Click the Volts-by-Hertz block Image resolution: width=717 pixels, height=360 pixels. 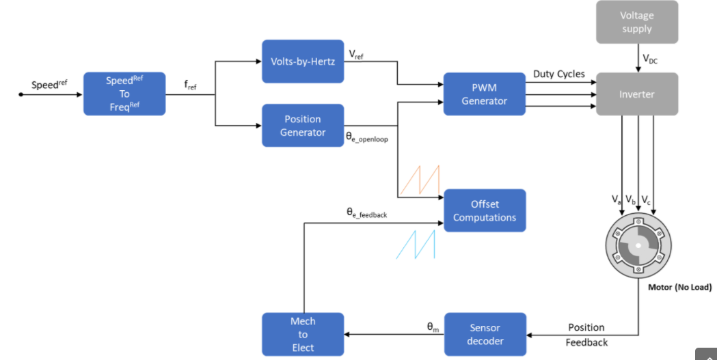point(303,61)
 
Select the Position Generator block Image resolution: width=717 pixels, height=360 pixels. point(303,125)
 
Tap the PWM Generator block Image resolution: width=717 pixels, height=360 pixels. point(484,94)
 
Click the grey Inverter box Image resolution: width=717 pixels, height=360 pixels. point(637,94)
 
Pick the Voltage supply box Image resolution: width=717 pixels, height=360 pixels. point(637,22)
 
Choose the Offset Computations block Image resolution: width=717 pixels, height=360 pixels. point(485,210)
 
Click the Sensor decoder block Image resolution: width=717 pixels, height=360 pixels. point(485,334)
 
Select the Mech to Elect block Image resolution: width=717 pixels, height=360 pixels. point(303,334)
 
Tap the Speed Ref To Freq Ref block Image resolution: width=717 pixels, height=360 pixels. point(124,94)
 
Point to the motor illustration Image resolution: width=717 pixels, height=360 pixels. point(638,245)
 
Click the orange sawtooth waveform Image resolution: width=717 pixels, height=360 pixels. point(420,180)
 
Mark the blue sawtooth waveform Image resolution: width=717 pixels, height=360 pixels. point(415,245)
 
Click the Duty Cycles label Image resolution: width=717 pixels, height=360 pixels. point(559,74)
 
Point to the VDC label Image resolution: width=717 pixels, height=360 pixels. point(650,59)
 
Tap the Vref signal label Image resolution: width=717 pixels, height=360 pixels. point(356,55)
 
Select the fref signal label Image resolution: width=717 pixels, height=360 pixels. point(190,85)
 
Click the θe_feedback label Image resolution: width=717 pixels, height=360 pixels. point(367,213)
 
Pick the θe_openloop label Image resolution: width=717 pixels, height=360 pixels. point(367,137)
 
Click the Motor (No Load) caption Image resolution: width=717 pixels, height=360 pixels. point(680,288)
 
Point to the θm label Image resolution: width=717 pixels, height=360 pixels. point(433,327)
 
